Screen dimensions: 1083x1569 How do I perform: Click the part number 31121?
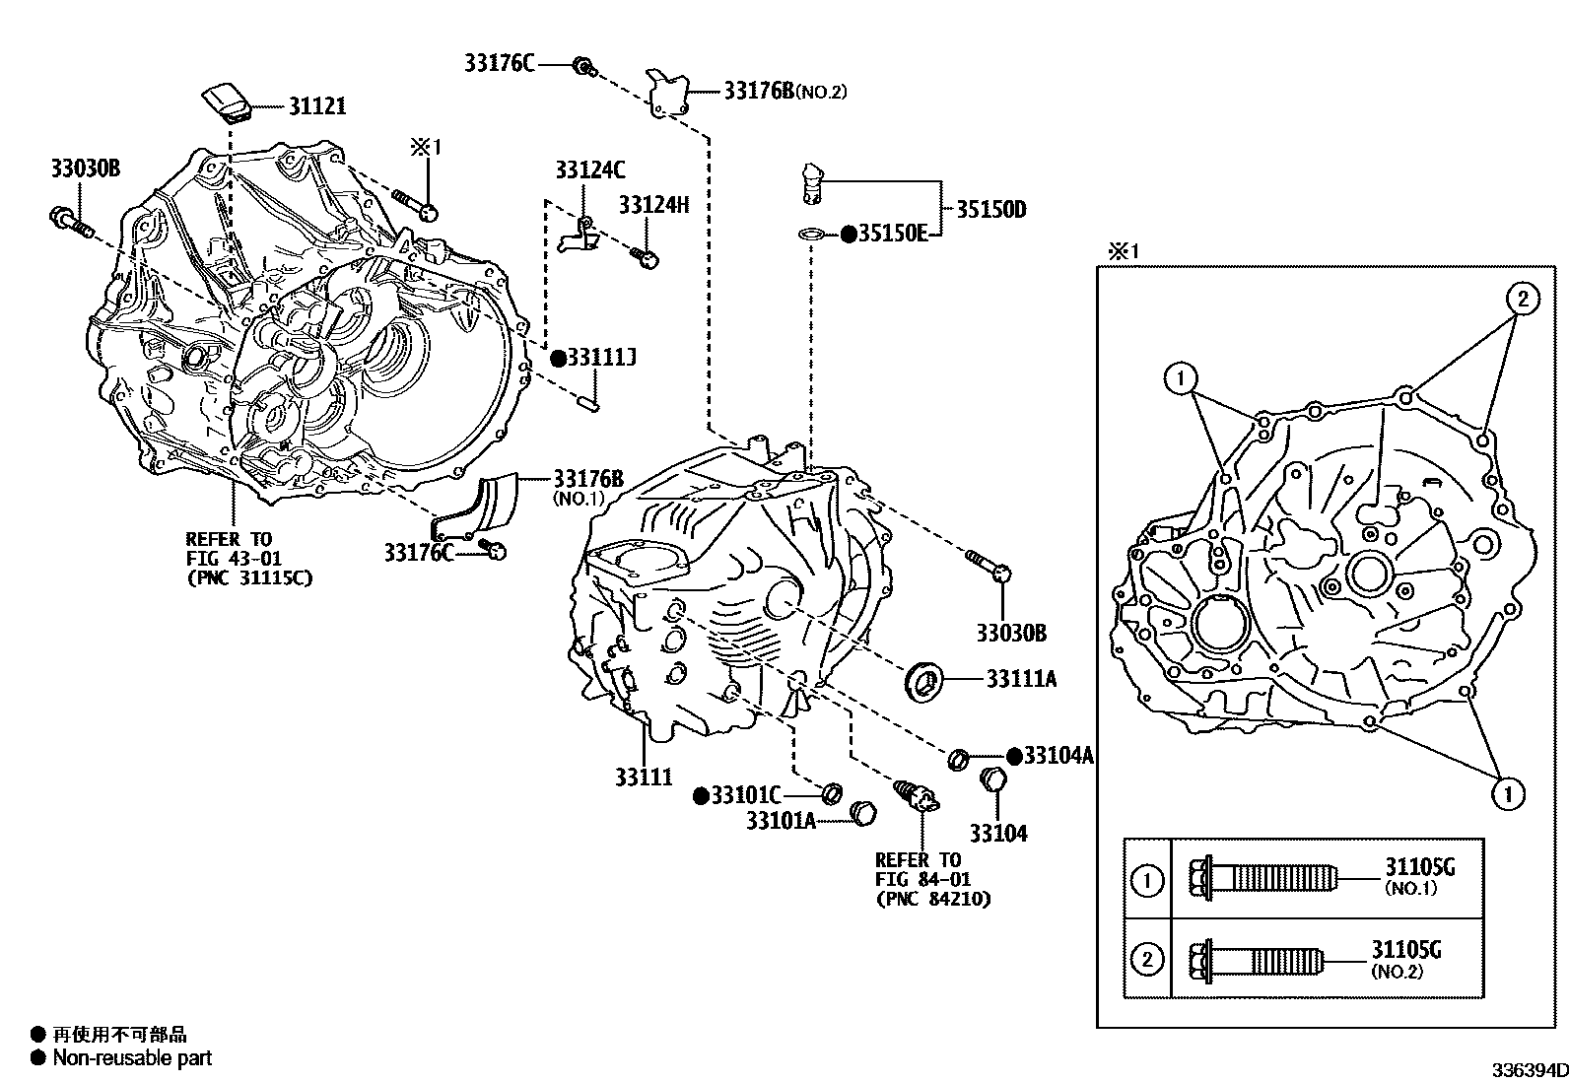click(316, 105)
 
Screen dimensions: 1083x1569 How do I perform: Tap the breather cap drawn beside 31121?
click(228, 102)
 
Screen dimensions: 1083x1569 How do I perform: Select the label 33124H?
click(653, 205)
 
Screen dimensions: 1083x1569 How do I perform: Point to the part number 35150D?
click(990, 209)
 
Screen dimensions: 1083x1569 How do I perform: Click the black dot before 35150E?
click(847, 234)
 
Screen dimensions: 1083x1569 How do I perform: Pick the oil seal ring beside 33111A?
click(924, 679)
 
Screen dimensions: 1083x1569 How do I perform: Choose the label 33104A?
click(1058, 755)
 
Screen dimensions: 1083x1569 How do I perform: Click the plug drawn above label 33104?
click(993, 780)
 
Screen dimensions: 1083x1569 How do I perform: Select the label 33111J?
click(600, 358)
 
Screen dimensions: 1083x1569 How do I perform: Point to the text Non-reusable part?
click(132, 1059)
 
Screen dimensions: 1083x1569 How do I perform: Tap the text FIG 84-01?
click(917, 879)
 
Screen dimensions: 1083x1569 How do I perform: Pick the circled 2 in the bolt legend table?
click(1147, 959)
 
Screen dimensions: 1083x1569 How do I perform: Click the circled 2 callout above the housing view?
click(1522, 298)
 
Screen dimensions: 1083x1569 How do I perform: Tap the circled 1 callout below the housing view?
click(1507, 792)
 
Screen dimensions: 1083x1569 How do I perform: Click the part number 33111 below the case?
click(644, 778)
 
